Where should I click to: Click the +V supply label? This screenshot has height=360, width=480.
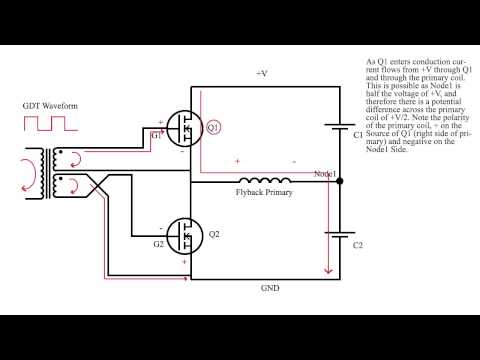pos(262,73)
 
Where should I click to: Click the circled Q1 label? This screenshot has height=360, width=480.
pos(213,128)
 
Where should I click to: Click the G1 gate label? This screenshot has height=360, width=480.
pos(155,135)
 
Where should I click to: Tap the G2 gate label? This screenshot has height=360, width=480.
pos(157,244)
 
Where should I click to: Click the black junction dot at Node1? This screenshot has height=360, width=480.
pos(340,182)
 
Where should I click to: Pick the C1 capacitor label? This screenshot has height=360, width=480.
pos(359,135)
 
